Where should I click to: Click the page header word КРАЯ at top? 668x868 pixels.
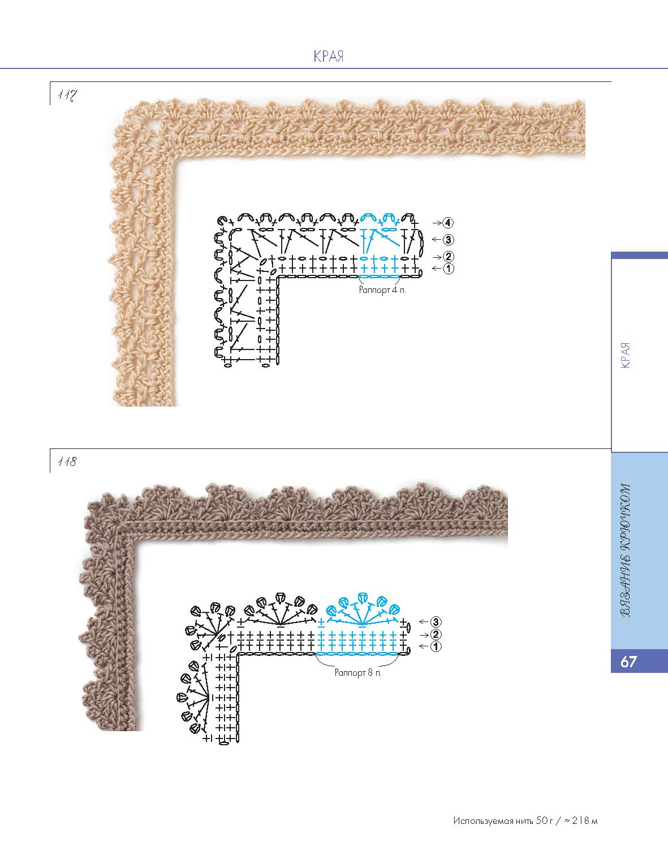[328, 57]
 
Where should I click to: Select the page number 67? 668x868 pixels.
[628, 662]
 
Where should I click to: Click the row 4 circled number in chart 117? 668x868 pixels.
[449, 223]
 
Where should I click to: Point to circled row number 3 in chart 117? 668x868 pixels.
[449, 239]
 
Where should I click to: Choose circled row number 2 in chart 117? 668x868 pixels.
[449, 257]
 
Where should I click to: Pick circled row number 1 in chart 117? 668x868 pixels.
[449, 269]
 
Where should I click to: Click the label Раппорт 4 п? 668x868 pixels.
[382, 290]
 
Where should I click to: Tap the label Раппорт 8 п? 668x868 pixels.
[357, 673]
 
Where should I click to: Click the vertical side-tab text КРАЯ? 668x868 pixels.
[625, 355]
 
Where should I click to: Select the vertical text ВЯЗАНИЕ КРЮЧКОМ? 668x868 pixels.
[625, 558]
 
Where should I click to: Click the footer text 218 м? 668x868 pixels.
[584, 821]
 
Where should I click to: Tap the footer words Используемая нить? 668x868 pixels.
[493, 821]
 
